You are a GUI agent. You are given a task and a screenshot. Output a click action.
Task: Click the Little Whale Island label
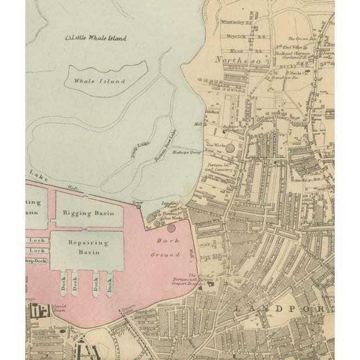(96, 38)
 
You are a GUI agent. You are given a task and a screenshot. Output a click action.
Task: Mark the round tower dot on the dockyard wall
(139, 206)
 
